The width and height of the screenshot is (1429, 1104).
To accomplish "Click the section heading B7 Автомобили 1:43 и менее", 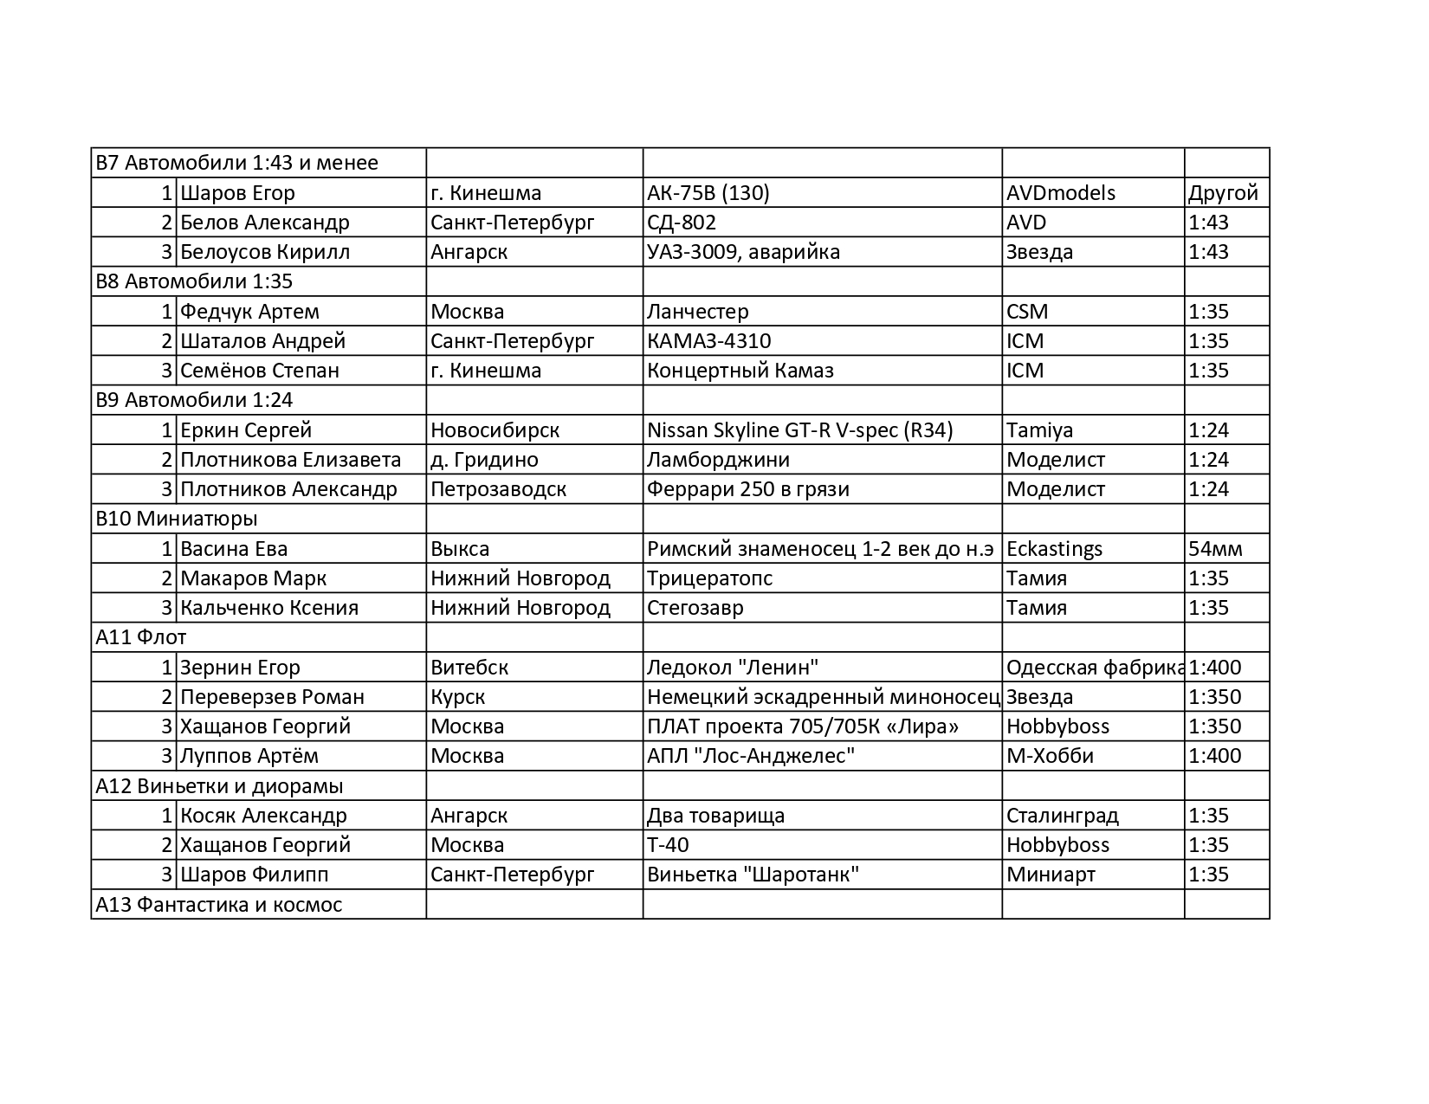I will click(236, 163).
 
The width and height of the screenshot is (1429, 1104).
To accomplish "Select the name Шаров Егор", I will click(237, 193).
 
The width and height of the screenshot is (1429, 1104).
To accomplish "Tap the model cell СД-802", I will click(682, 223).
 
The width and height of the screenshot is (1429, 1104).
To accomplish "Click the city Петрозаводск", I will click(498, 489).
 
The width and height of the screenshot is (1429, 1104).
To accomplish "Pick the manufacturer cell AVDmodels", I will click(1061, 193).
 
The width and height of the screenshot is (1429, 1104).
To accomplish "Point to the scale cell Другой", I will click(1223, 193).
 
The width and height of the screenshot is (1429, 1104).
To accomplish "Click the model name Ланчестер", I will click(697, 312).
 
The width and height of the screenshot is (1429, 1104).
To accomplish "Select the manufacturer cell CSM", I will click(1027, 312).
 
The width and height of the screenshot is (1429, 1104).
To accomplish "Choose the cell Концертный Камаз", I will click(740, 371).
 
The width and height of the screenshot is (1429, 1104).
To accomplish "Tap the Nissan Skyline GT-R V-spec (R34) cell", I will click(799, 430).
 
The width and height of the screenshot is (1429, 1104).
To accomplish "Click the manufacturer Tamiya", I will click(1039, 430).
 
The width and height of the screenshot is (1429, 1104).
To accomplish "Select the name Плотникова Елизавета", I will click(290, 460).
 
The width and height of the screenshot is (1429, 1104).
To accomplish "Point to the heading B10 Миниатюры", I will click(176, 519).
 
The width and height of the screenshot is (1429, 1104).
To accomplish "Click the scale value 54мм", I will click(1215, 549).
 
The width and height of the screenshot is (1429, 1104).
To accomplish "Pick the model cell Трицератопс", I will click(709, 578).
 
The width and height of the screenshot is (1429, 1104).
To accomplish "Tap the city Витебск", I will click(469, 668).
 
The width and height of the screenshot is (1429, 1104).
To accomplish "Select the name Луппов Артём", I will click(249, 756).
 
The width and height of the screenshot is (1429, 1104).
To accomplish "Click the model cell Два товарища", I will click(715, 816).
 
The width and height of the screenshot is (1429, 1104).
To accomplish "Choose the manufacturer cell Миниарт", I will click(1051, 875).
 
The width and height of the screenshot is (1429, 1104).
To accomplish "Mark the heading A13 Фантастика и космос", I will click(218, 905).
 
